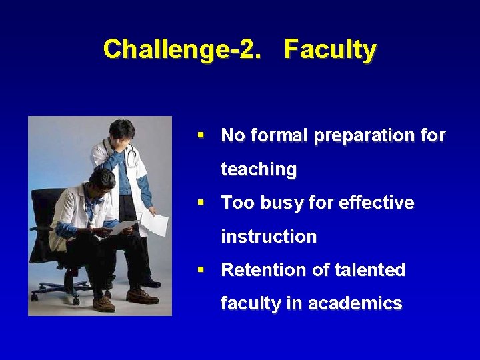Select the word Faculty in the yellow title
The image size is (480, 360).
pos(330,50)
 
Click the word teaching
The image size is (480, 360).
pos(259,170)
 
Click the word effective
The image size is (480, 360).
pos(376,203)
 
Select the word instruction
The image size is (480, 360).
pos(269,237)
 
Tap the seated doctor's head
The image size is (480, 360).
pos(101,181)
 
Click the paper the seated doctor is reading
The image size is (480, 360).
pos(122,229)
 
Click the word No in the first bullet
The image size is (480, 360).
pos(233,136)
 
